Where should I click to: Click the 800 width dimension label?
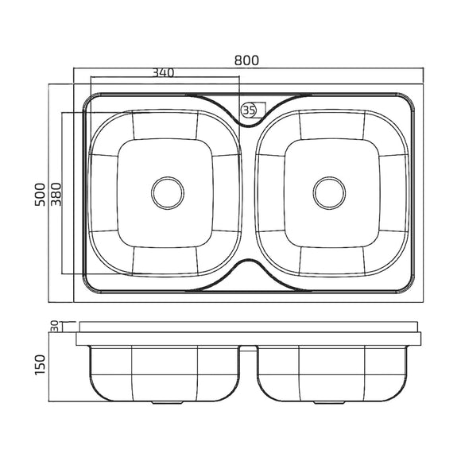(x=246, y=60)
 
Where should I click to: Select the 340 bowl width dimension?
(x=163, y=72)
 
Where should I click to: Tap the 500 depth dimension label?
(x=41, y=195)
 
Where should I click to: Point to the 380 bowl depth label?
(x=56, y=195)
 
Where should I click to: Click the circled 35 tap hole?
(x=249, y=110)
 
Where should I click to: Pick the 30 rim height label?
(x=54, y=326)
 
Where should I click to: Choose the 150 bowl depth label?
(x=41, y=365)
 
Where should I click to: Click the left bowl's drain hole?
(x=168, y=193)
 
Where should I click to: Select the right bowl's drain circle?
(x=329, y=193)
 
